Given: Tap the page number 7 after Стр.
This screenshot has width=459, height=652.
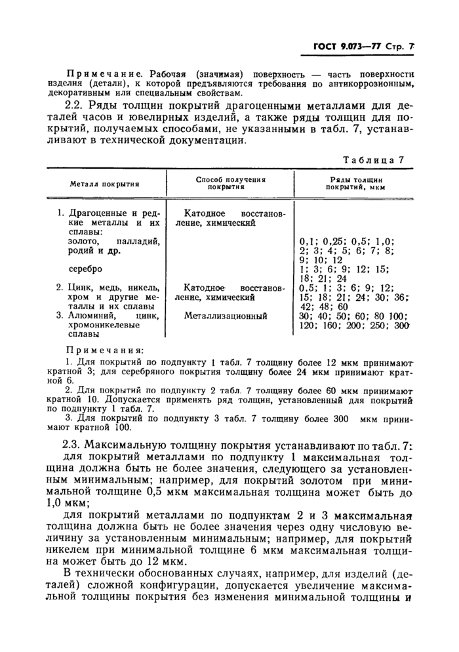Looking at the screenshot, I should pyautogui.click(x=412, y=48).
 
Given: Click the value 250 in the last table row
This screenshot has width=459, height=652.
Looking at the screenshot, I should pyautogui.click(x=376, y=325).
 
